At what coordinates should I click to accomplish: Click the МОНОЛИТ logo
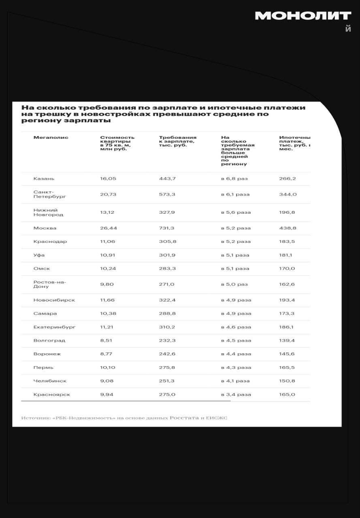coord(303,16)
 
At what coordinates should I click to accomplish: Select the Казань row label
coord(44,178)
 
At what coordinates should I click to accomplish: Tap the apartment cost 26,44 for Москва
coord(109,228)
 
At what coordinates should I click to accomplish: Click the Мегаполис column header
coord(51,138)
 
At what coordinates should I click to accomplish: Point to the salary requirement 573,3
coord(167,195)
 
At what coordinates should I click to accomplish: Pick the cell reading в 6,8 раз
coord(234,178)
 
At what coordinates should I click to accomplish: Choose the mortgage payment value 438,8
coord(288,228)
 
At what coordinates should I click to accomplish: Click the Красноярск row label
coord(52,395)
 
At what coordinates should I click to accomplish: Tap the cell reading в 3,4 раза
coord(236,395)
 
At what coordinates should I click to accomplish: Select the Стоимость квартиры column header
coord(117,143)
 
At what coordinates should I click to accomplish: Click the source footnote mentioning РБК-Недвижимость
coord(124,418)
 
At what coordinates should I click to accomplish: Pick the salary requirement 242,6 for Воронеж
coord(167,354)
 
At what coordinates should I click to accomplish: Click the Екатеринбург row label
coord(54,327)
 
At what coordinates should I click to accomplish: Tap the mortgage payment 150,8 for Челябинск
coord(287,381)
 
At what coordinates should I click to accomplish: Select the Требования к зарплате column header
coord(177,141)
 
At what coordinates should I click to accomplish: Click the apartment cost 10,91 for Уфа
coord(107,255)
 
